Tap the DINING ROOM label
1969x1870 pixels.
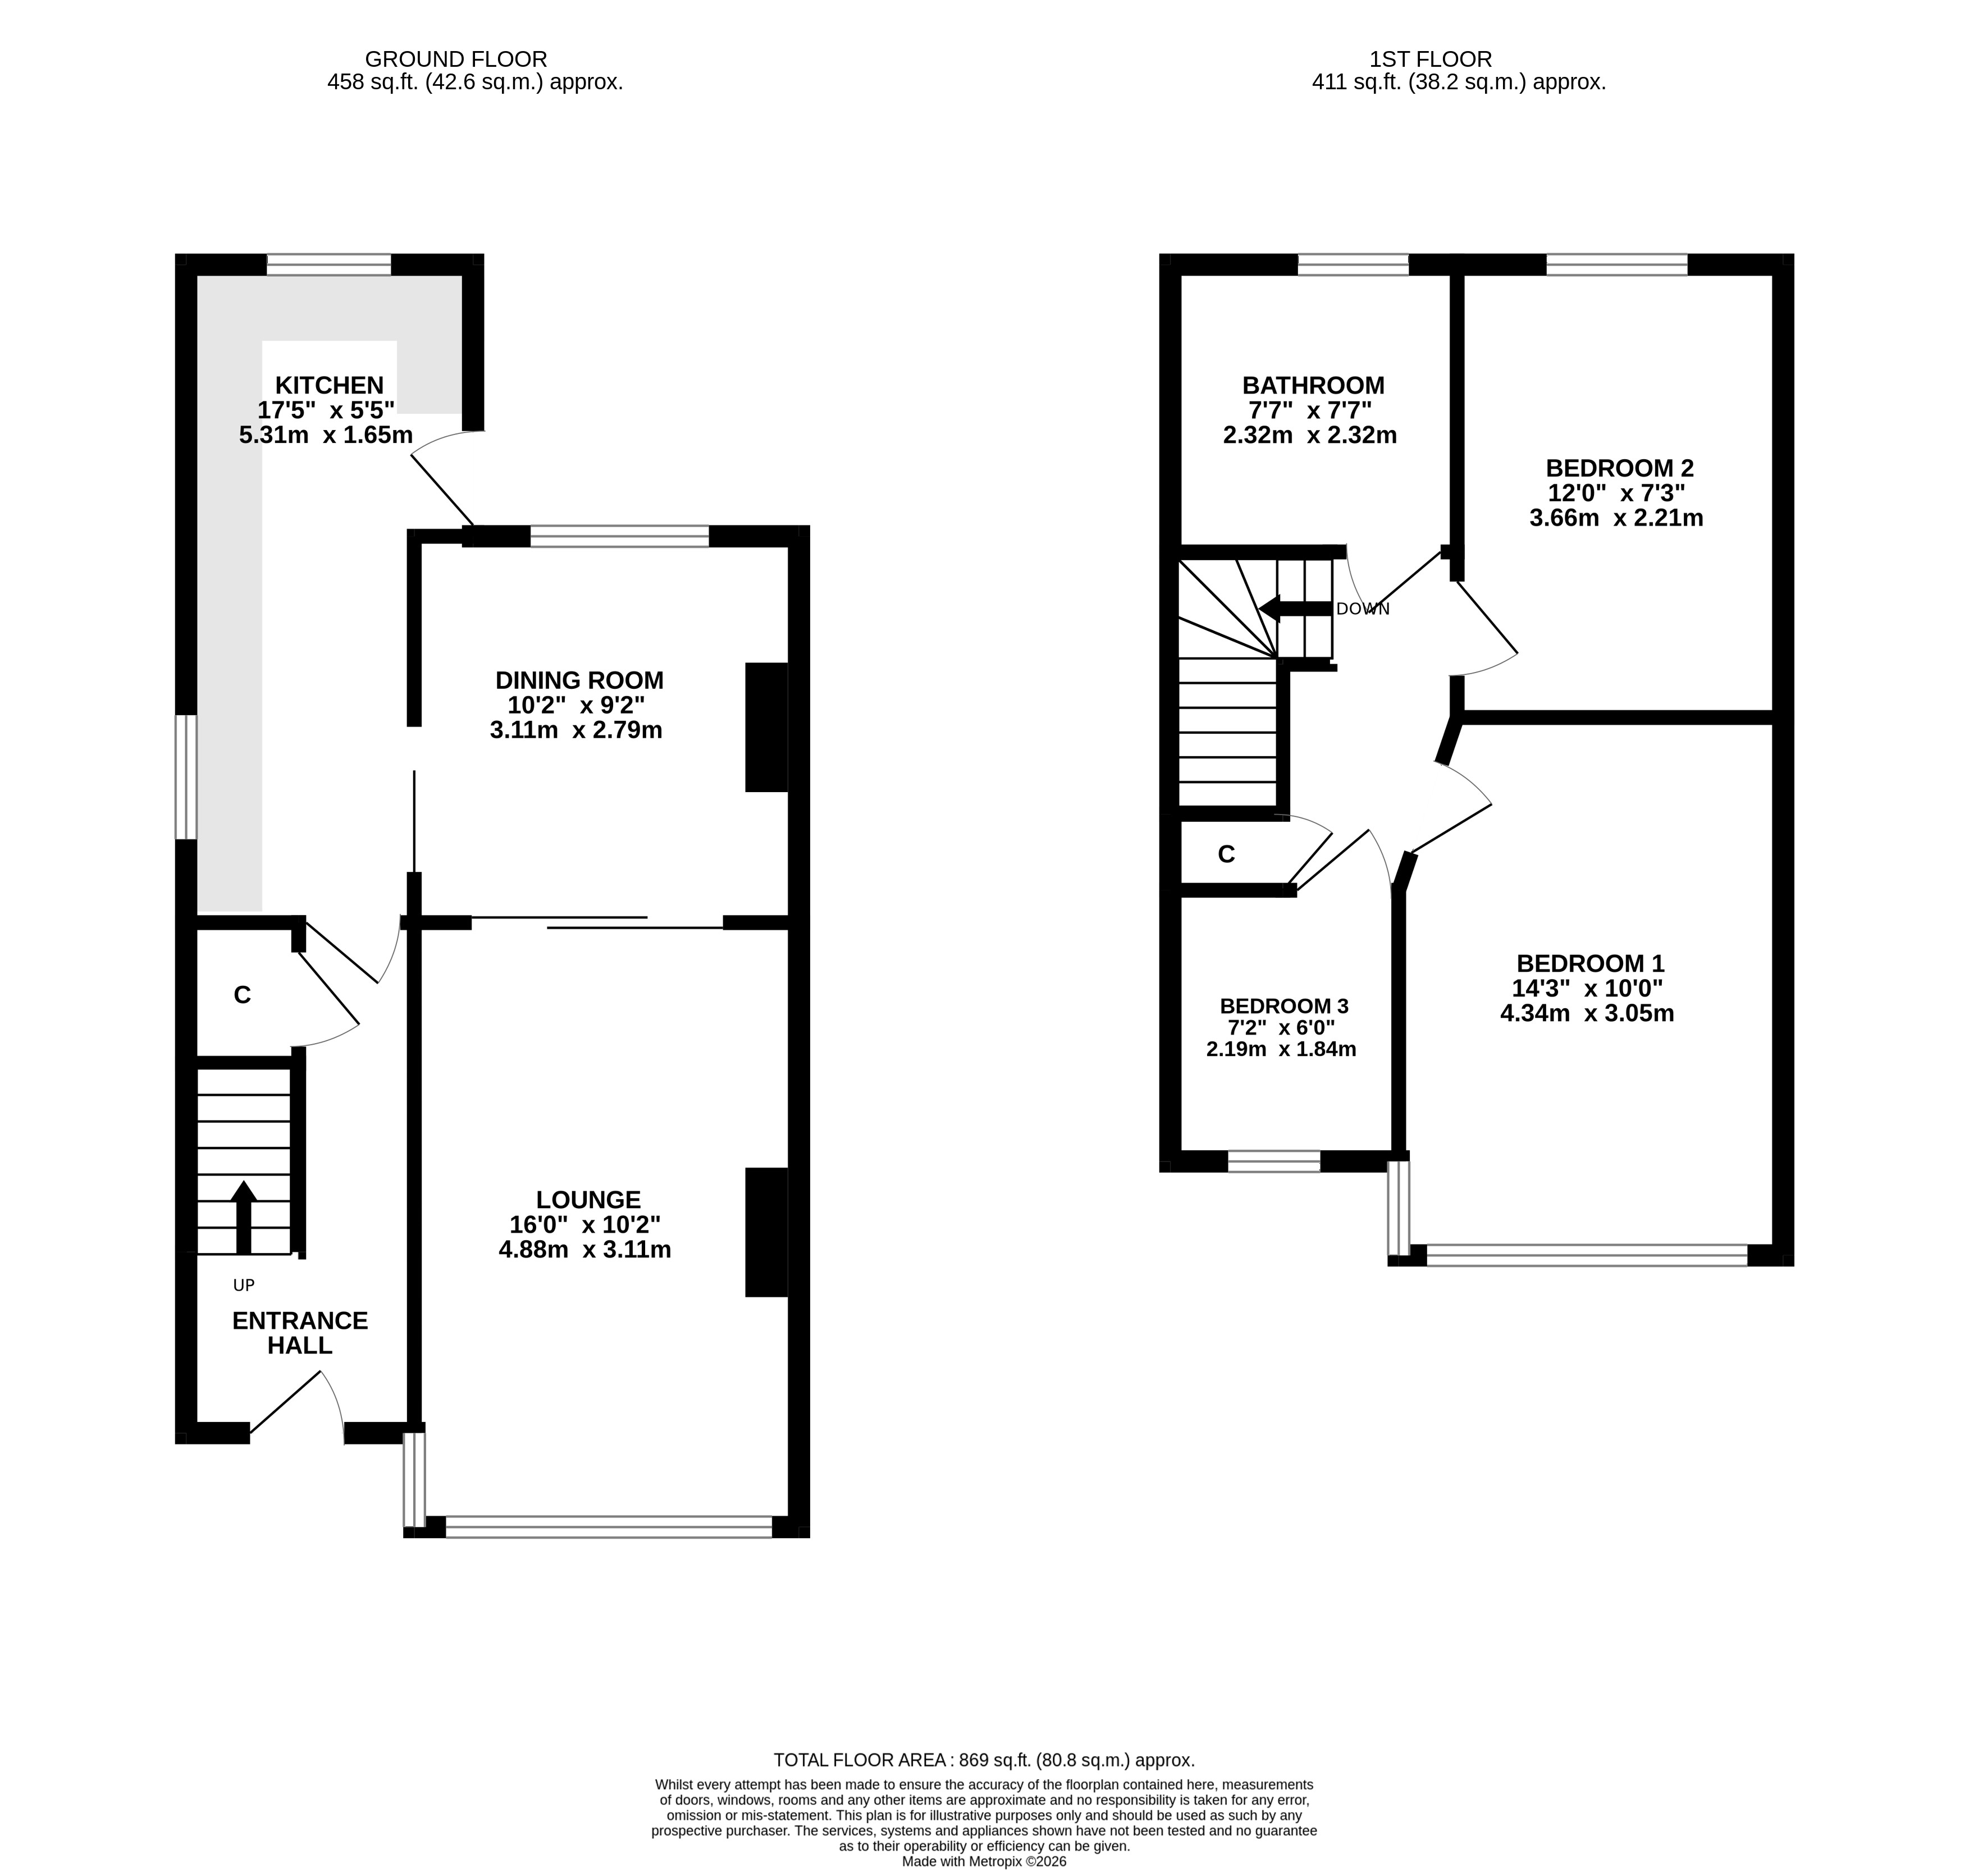point(579,681)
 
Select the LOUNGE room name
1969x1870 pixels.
point(588,1200)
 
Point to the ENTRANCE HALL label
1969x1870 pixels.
point(300,1333)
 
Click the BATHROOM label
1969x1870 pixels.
point(1313,386)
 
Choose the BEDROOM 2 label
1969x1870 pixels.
point(1619,469)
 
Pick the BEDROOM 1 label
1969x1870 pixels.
point(1590,964)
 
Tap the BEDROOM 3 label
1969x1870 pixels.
point(1284,1007)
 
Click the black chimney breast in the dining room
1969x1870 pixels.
point(767,728)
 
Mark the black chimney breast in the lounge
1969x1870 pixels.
point(767,1232)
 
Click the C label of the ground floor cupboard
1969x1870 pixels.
point(242,995)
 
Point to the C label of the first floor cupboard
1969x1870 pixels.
point(1226,854)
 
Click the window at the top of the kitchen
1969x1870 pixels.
point(329,264)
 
